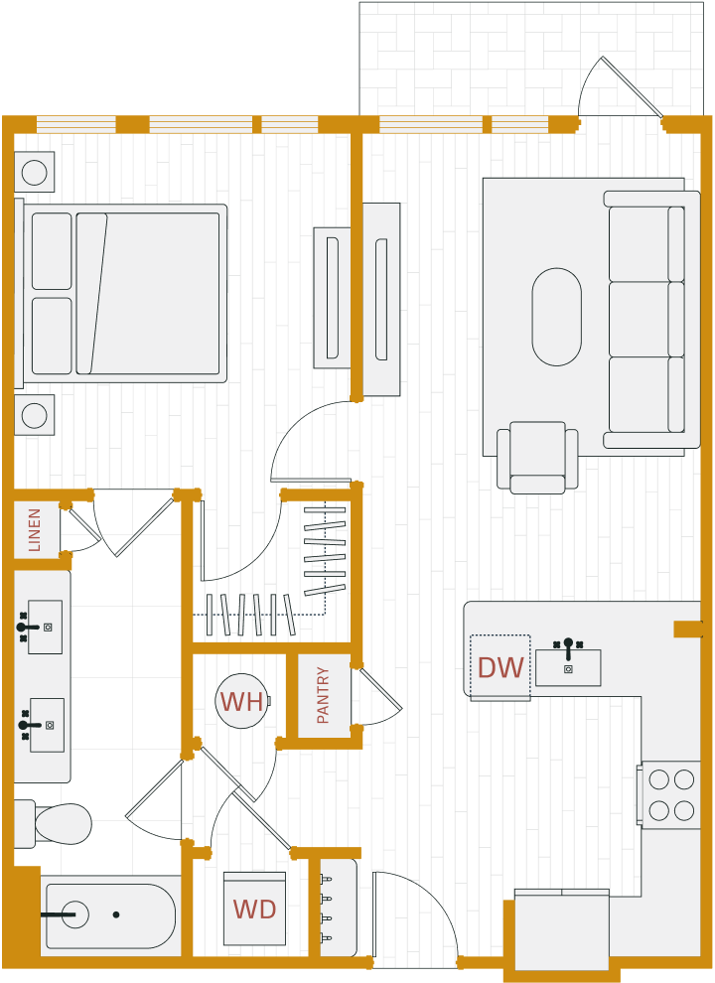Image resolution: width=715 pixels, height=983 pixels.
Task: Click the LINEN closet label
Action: (x=36, y=529)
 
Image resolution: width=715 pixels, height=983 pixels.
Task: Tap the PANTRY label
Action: (x=324, y=695)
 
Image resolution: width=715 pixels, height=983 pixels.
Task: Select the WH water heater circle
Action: (x=241, y=702)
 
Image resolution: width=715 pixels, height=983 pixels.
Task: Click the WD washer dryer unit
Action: (x=254, y=909)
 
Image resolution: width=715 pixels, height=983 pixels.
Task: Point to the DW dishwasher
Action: (x=500, y=667)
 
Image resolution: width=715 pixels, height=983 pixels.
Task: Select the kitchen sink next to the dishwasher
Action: (x=568, y=667)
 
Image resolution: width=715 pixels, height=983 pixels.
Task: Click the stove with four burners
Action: (x=671, y=794)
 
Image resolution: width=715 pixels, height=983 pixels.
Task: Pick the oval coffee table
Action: (x=556, y=317)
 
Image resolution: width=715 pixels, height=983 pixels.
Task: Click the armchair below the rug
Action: (x=537, y=456)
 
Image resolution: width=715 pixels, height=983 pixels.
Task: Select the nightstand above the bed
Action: (x=34, y=172)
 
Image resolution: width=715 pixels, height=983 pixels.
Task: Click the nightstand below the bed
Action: (x=34, y=415)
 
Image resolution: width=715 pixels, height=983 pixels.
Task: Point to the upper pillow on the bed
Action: (x=52, y=251)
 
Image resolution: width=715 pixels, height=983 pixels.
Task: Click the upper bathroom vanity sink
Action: (x=45, y=627)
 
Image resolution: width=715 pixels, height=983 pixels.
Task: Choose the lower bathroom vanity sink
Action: (x=47, y=724)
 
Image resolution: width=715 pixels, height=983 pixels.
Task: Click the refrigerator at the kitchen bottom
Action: (x=561, y=931)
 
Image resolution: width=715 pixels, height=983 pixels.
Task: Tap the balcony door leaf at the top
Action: (x=632, y=86)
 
